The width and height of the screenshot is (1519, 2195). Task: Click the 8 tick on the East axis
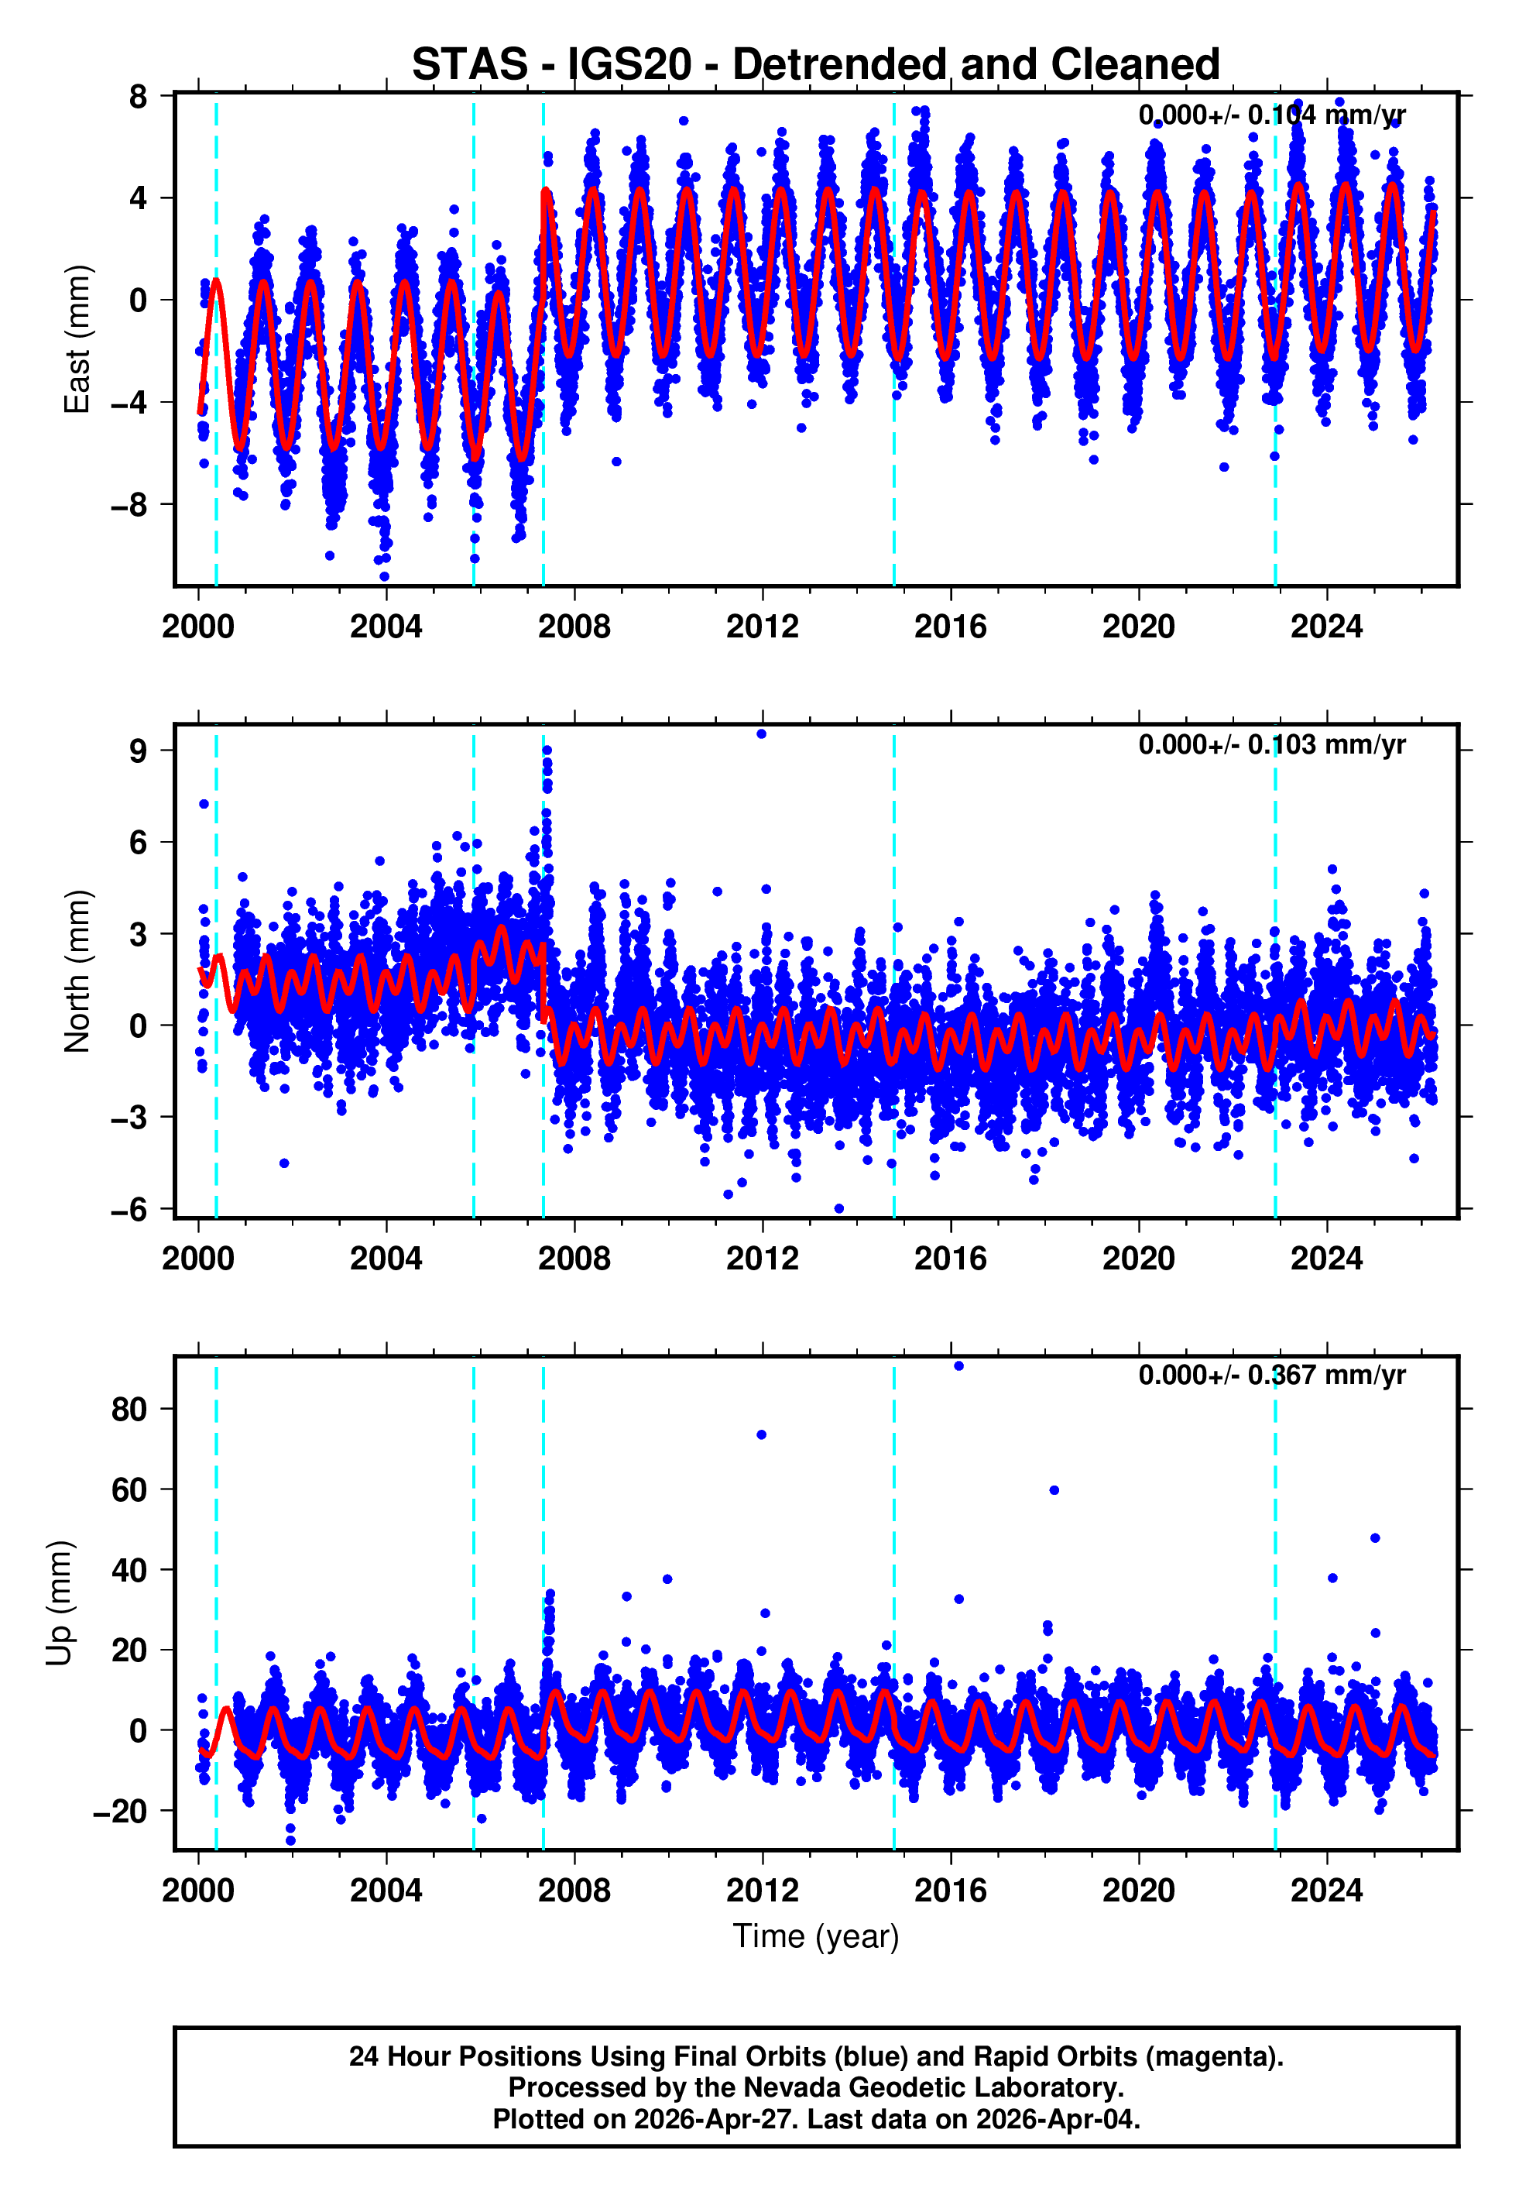click(139, 96)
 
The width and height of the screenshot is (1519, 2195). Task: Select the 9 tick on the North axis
click(139, 751)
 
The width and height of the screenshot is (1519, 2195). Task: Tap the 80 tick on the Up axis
click(129, 1409)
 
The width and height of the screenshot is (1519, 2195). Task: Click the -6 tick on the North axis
click(129, 1209)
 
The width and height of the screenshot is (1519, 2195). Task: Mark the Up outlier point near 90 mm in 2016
click(958, 1366)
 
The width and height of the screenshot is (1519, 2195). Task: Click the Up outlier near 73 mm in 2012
click(761, 1434)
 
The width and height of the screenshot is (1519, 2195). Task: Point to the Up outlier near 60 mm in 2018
click(1054, 1489)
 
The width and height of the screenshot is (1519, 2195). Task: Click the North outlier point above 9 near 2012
click(761, 734)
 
